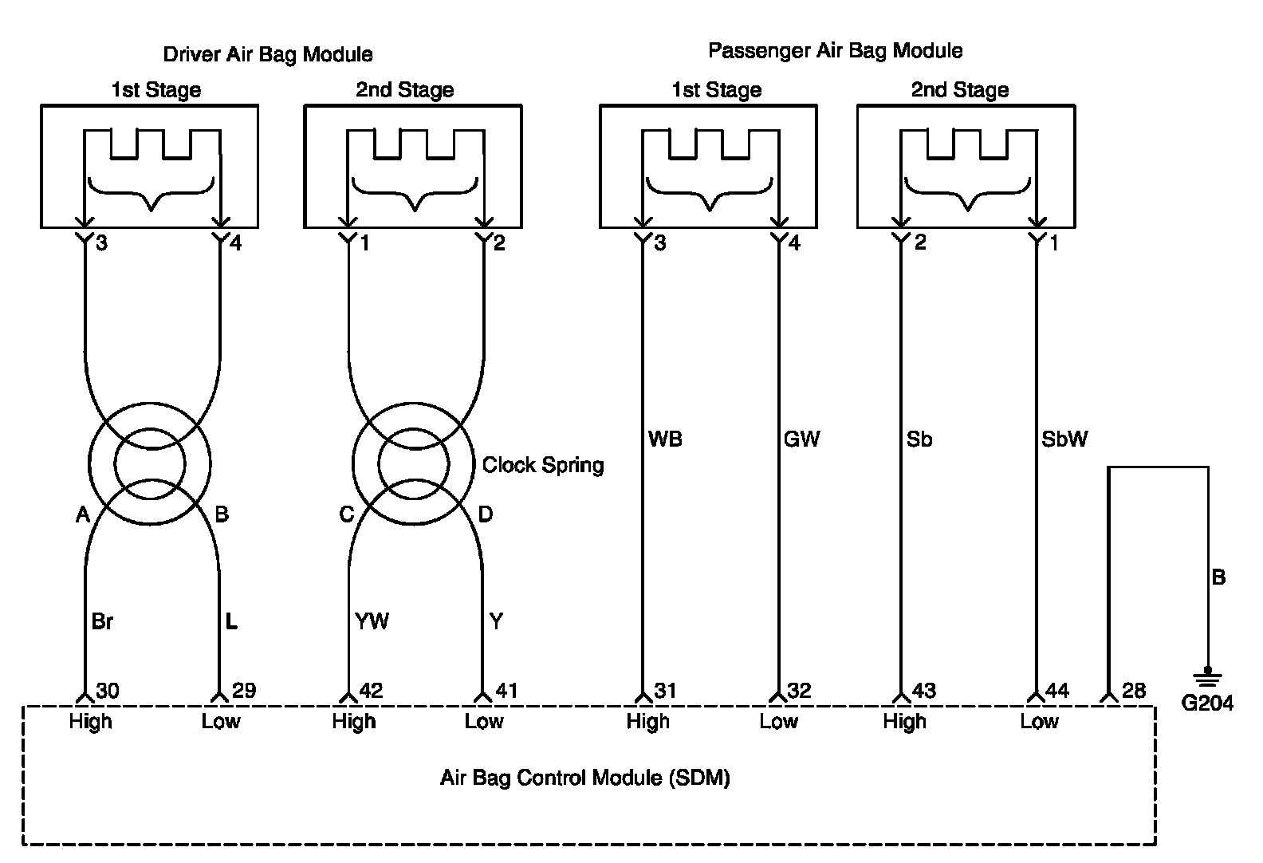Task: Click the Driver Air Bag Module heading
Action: coord(268,55)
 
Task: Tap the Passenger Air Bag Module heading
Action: coord(835,51)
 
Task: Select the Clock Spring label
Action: coord(543,465)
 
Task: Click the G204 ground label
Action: coord(1207,703)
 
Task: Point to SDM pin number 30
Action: coord(108,691)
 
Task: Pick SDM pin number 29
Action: coord(244,691)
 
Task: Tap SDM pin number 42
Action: coord(371,691)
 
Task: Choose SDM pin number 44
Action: coord(1057,691)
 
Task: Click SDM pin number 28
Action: coord(1134,691)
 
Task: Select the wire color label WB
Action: coord(665,439)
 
